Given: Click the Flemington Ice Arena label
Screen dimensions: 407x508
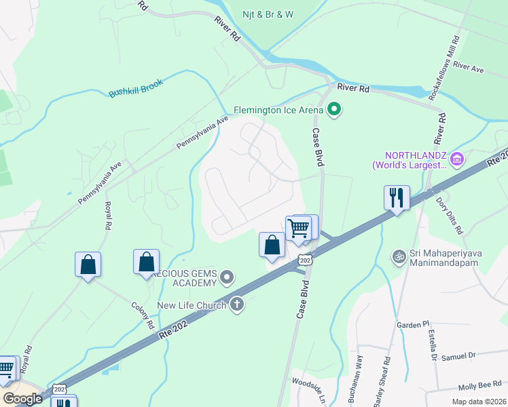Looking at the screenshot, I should pos(278,109).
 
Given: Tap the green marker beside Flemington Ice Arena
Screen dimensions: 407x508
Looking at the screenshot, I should pos(333,109).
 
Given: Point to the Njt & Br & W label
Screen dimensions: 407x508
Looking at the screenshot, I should pos(268,14).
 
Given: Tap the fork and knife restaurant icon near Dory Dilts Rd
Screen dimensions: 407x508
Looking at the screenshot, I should pos(397,198).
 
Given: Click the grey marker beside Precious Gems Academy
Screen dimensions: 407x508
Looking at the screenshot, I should pos(227,277).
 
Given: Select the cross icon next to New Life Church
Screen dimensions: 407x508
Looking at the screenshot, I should pos(237,305).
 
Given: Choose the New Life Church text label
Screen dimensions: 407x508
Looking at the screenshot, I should pos(192,305).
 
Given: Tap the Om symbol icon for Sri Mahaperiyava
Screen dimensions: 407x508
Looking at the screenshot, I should pos(399,256).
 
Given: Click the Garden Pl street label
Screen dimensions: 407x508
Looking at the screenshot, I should pos(410,326).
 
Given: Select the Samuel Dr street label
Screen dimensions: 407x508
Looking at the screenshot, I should pos(460,356).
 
